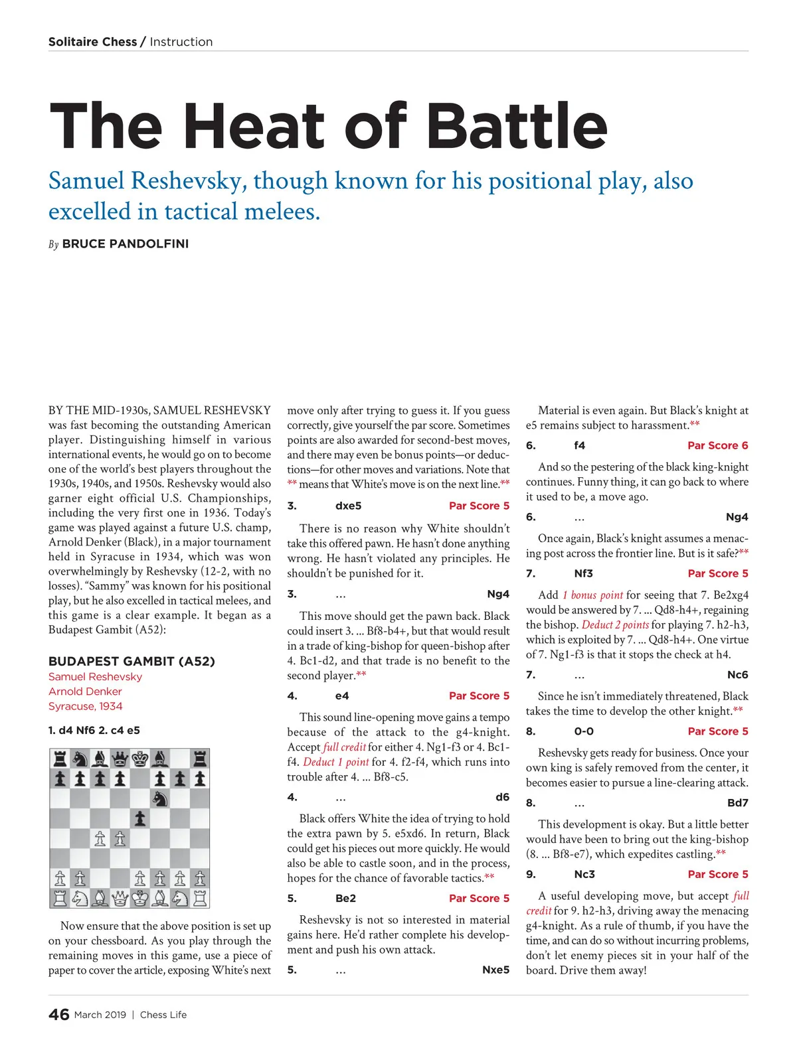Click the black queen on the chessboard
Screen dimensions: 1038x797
(x=120, y=758)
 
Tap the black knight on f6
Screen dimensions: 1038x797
(x=160, y=798)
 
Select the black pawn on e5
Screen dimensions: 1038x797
(x=140, y=818)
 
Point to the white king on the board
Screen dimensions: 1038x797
(x=140, y=898)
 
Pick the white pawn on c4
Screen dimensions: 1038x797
(x=100, y=838)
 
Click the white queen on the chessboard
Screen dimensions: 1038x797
(x=120, y=898)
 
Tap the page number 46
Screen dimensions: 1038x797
(x=58, y=1014)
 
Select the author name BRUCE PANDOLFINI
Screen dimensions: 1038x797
(x=126, y=244)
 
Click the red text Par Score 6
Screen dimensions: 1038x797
(x=717, y=445)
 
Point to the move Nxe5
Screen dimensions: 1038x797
(x=495, y=970)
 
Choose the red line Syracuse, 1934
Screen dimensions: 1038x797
(x=85, y=706)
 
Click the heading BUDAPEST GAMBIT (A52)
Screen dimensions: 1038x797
(x=132, y=661)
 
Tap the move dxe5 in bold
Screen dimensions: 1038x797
(x=348, y=506)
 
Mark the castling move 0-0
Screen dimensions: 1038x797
(x=584, y=731)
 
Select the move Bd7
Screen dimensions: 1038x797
(x=737, y=802)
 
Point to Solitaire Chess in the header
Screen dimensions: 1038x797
(x=92, y=42)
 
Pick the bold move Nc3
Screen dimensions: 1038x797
(x=584, y=874)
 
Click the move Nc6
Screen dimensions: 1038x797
(x=737, y=674)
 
